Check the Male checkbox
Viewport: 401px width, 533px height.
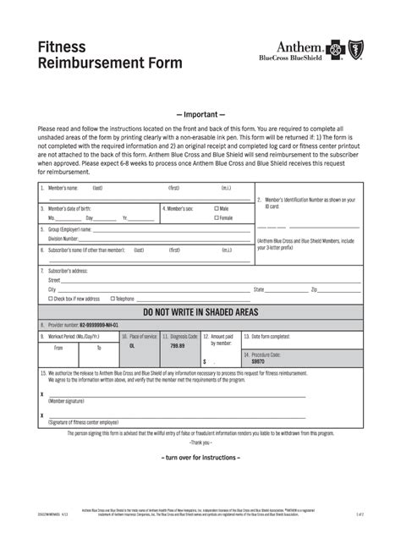(217, 207)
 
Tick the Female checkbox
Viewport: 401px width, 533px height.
(217, 217)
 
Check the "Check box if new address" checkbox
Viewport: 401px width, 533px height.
(51, 299)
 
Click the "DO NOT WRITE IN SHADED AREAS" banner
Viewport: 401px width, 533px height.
(200, 312)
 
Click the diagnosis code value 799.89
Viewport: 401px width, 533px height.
(177, 346)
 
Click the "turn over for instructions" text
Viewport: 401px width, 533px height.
(200, 458)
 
